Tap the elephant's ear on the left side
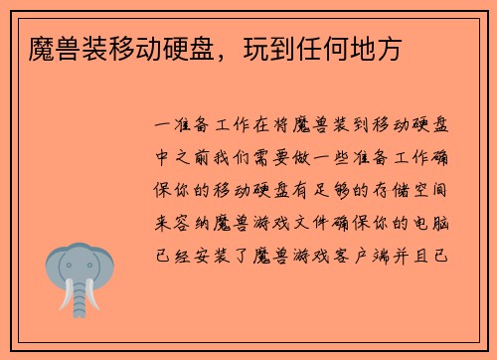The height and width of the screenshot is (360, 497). click(55, 267)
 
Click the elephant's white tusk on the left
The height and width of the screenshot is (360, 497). click(66, 295)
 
